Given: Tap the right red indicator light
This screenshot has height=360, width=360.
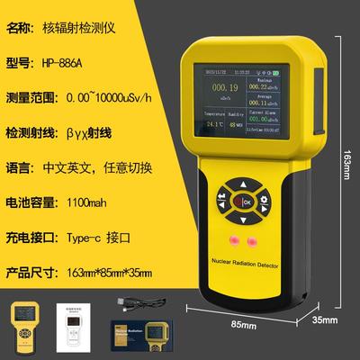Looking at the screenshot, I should pos(253,240).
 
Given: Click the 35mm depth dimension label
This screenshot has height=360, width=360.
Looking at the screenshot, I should pos(325,319).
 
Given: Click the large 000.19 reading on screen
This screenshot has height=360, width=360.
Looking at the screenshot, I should pos(225,87).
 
